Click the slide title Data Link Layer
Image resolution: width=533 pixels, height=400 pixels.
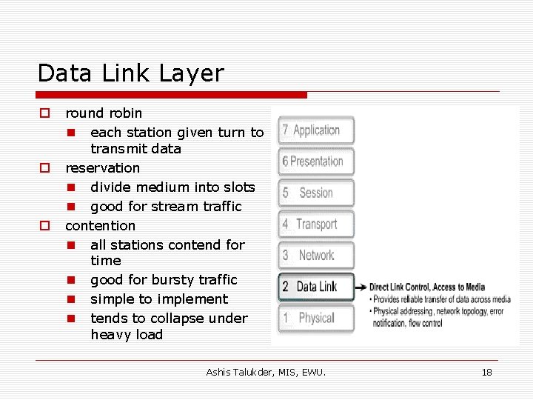[130, 73]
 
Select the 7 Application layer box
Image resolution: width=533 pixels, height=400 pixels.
[316, 130]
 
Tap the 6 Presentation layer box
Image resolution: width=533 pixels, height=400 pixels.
[316, 161]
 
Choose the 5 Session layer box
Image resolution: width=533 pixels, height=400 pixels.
[316, 193]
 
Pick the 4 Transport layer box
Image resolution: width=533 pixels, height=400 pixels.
[316, 224]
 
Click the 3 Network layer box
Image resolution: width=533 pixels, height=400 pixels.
[316, 255]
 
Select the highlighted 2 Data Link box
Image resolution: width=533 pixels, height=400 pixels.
[316, 287]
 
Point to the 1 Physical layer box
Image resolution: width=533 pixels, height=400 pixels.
[316, 318]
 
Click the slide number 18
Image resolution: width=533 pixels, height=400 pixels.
[486, 372]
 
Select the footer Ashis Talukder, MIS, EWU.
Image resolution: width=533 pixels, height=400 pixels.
[266, 372]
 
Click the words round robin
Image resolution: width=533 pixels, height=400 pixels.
[104, 113]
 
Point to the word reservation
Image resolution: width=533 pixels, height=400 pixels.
[102, 168]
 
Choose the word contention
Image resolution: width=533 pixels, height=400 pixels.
[101, 226]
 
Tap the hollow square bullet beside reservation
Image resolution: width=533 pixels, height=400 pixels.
[44, 168]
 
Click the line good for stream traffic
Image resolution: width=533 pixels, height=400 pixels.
[166, 207]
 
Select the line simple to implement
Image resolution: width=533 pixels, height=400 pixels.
[159, 299]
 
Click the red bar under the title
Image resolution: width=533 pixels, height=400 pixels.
[172, 95]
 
